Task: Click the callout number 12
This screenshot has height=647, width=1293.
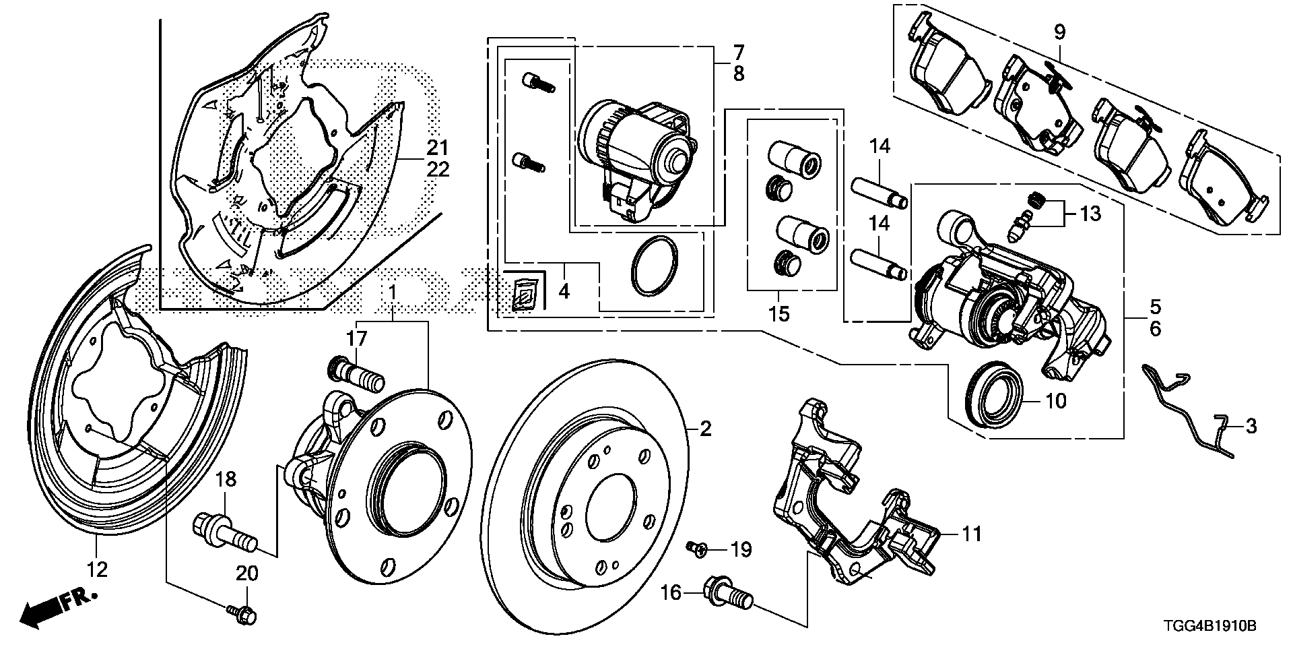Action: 98,570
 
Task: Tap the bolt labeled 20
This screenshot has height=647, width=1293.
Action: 244,613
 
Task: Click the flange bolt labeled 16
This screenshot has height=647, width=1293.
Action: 727,593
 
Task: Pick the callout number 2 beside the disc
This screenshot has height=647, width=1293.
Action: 705,429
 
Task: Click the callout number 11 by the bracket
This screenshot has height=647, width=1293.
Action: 971,535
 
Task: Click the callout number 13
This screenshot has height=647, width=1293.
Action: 1090,214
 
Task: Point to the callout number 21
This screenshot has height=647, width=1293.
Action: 438,147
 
